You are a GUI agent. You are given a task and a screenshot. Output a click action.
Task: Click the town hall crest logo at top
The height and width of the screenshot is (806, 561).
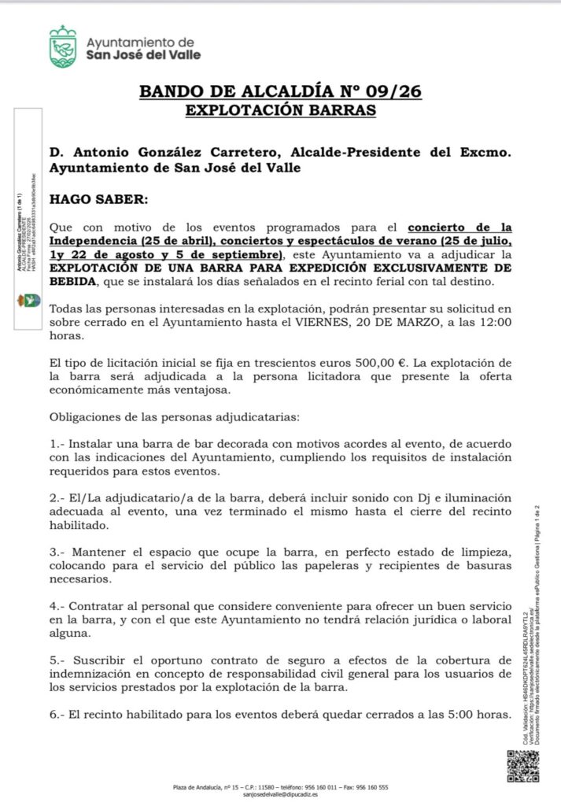coord(63,46)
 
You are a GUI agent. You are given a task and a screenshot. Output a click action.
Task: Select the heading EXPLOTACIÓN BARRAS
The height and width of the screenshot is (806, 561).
coord(280,110)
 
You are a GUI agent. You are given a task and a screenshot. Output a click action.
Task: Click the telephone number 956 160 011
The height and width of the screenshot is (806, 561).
coord(319,787)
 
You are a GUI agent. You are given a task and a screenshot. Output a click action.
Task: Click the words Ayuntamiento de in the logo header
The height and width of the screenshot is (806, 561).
coord(141,42)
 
